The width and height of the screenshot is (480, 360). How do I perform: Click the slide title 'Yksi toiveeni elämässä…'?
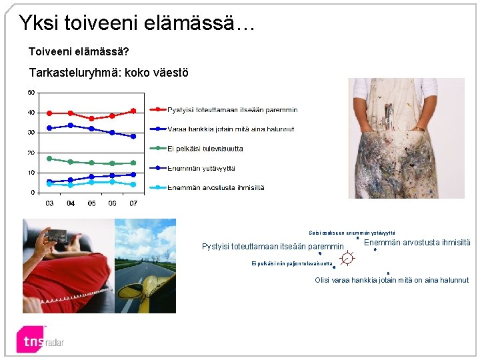coord(136,23)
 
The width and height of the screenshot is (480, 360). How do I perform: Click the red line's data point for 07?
coord(133,111)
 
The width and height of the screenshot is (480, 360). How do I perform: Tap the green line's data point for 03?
coord(49,159)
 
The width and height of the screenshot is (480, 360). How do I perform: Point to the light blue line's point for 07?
coord(133,185)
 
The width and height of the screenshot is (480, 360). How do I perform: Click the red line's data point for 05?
coord(91,119)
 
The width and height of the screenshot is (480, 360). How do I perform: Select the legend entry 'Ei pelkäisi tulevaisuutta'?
coord(205,149)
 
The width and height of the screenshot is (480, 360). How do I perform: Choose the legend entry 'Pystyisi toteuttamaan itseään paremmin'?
coord(232,110)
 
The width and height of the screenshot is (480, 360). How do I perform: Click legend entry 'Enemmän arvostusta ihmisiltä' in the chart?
coord(215,187)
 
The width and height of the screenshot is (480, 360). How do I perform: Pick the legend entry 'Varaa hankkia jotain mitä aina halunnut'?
coord(230,129)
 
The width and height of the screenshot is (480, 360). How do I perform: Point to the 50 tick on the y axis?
coord(31,92)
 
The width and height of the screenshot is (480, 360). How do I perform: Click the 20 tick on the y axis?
coord(31,153)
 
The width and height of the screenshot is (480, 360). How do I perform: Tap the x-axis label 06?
coord(112,203)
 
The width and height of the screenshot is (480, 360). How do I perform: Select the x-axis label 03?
coord(49,203)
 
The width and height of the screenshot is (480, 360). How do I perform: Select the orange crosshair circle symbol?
coord(347,258)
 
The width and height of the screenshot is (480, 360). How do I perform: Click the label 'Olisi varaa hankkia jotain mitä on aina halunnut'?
coord(391,280)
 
